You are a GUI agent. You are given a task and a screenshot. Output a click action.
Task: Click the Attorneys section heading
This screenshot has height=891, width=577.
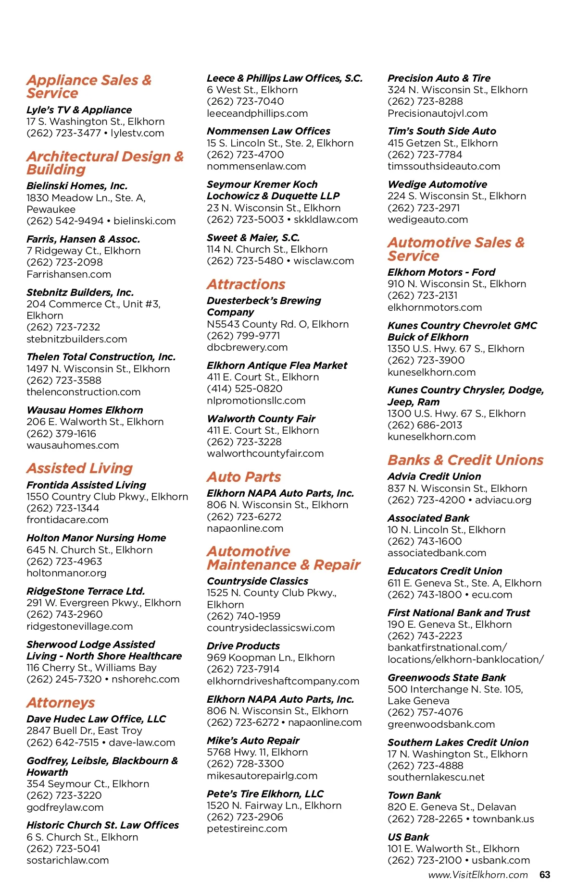pyautogui.click(x=61, y=703)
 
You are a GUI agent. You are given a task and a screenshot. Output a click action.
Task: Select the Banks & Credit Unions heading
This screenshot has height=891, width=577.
pyautogui.click(x=465, y=460)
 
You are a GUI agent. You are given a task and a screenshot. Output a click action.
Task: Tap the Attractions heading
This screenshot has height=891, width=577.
pyautogui.click(x=246, y=284)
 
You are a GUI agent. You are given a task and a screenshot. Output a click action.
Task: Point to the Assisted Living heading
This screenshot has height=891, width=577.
pyautogui.click(x=80, y=468)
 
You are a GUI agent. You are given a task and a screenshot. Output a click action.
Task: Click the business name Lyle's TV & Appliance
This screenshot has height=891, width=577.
pyautogui.click(x=79, y=110)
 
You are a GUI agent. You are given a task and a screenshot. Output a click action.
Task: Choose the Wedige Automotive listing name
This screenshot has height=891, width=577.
pyautogui.click(x=437, y=184)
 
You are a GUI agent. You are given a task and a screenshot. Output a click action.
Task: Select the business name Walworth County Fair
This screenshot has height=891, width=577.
pyautogui.click(x=261, y=419)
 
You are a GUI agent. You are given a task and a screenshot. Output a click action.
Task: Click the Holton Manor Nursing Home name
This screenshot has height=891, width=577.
pyautogui.click(x=96, y=538)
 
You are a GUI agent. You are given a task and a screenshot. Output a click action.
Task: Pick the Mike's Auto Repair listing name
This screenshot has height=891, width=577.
pyautogui.click(x=253, y=741)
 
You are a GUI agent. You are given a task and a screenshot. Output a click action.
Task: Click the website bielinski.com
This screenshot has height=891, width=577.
pyautogui.click(x=145, y=221)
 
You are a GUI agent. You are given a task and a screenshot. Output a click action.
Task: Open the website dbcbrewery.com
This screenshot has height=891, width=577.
pyautogui.click(x=247, y=347)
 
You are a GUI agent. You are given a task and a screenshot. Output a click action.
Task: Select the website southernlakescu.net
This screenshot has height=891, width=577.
pyautogui.click(x=436, y=777)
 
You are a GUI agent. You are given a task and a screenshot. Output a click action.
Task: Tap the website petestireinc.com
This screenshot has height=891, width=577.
pyautogui.click(x=247, y=829)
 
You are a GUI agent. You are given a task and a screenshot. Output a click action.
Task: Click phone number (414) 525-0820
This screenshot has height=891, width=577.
pyautogui.click(x=245, y=389)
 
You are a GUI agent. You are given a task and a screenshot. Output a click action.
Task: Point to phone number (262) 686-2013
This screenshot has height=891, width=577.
pyautogui.click(x=425, y=425)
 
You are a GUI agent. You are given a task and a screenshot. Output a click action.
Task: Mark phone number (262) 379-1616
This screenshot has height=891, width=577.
pyautogui.click(x=62, y=434)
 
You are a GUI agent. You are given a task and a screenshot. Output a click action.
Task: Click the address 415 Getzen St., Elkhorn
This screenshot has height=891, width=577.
pyautogui.click(x=443, y=143)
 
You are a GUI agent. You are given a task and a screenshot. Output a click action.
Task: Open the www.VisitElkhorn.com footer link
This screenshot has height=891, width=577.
pyautogui.click(x=478, y=875)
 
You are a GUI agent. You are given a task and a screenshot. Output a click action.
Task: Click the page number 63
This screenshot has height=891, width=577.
pyautogui.click(x=545, y=875)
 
